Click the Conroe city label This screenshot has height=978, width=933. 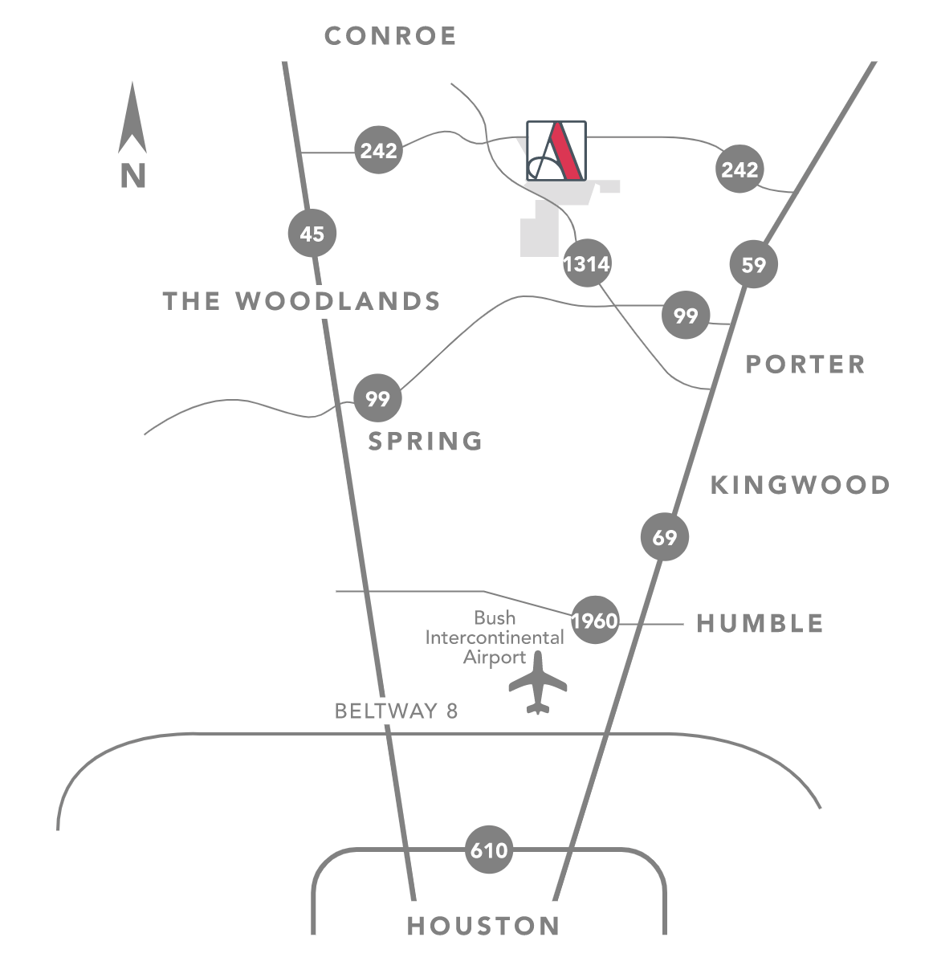(x=390, y=36)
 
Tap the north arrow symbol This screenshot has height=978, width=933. (x=132, y=118)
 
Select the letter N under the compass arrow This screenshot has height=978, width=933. (x=132, y=176)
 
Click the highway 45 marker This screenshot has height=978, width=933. (x=312, y=234)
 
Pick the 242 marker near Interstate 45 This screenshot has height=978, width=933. (x=379, y=149)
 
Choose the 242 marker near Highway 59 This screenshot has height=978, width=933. (x=740, y=169)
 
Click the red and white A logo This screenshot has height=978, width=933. (x=556, y=150)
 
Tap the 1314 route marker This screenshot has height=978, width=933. (x=587, y=263)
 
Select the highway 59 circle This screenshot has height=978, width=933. (x=754, y=264)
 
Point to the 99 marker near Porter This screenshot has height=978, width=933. (x=686, y=315)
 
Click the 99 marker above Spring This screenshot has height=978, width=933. (x=377, y=398)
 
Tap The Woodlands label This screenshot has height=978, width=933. (x=302, y=301)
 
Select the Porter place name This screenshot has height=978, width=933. (x=805, y=365)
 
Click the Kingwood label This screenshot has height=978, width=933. (x=801, y=486)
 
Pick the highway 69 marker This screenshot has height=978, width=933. (x=665, y=536)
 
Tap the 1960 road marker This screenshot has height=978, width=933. (x=595, y=620)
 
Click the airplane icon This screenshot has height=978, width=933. (x=538, y=682)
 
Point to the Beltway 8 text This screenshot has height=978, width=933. (x=396, y=711)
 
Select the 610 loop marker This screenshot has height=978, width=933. (x=489, y=850)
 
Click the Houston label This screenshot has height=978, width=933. (x=483, y=926)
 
